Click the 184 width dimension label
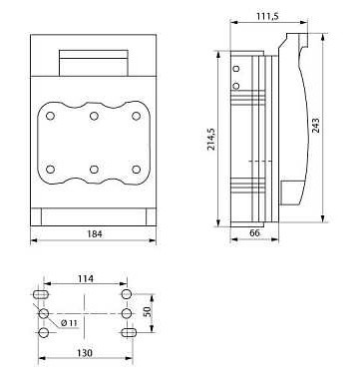pyautogui.click(x=95, y=234)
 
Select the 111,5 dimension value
pyautogui.click(x=267, y=16)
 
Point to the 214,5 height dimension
pyautogui.click(x=211, y=139)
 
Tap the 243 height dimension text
pyautogui.click(x=316, y=126)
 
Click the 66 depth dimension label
pyautogui.click(x=254, y=233)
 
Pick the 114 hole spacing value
pyautogui.click(x=86, y=278)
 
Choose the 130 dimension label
pyautogui.click(x=85, y=353)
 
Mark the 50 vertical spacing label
pyautogui.click(x=148, y=311)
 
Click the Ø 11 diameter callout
pyautogui.click(x=70, y=323)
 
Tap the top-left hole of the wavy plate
pyautogui.click(x=51, y=116)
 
